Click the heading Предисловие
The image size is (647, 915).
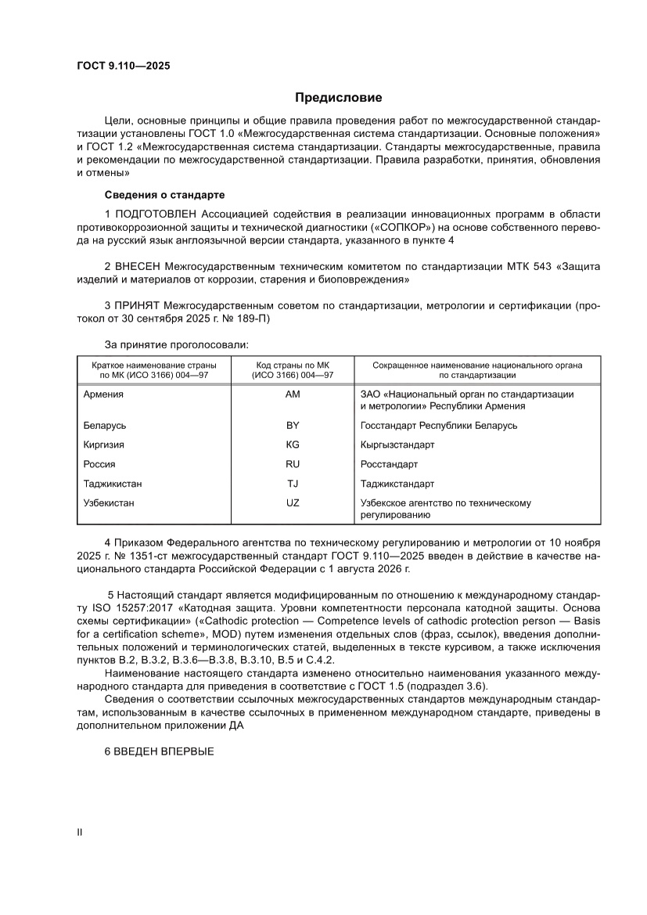tap(338, 98)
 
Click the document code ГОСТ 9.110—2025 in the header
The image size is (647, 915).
tap(117, 66)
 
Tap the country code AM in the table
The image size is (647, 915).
tap(293, 394)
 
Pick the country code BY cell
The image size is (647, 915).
tap(293, 426)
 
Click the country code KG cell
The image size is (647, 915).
tap(293, 445)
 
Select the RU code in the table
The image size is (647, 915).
tap(293, 464)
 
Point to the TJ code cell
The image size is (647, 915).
tap(293, 484)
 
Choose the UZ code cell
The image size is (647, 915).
tap(293, 503)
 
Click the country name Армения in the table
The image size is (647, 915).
tap(103, 394)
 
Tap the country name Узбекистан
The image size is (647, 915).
tap(109, 503)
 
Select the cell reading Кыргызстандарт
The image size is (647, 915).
tap(397, 445)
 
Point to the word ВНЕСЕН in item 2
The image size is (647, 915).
tap(138, 267)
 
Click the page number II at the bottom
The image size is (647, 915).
tap(78, 833)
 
